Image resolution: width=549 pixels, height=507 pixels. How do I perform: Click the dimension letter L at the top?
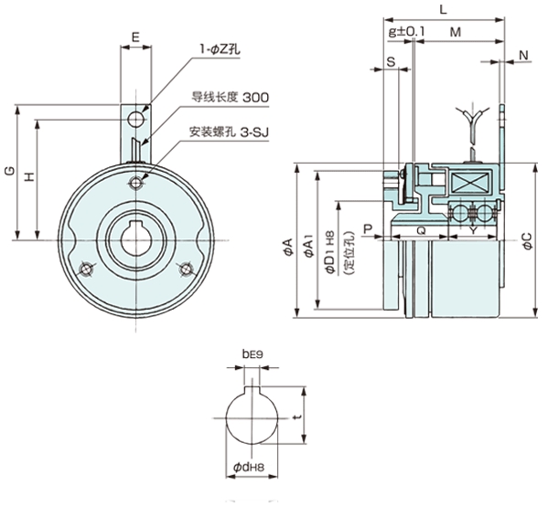pyautogui.click(x=443, y=9)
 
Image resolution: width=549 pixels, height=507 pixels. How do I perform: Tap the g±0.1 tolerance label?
pyautogui.click(x=406, y=32)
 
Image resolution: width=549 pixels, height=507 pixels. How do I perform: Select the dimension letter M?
pyautogui.click(x=456, y=32)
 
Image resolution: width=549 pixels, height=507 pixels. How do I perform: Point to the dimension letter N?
pyautogui.click(x=523, y=55)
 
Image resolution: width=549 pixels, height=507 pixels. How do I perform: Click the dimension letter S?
pyautogui.click(x=391, y=62)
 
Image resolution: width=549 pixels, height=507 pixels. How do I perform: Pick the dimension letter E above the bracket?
pyautogui.click(x=135, y=37)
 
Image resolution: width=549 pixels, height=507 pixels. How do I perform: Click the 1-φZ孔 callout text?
pyautogui.click(x=220, y=50)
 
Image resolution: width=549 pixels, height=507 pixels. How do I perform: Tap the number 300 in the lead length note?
pyautogui.click(x=255, y=97)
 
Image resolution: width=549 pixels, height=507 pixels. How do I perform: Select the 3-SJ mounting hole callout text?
pyautogui.click(x=254, y=132)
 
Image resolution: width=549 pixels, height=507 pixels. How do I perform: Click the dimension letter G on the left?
pyautogui.click(x=10, y=171)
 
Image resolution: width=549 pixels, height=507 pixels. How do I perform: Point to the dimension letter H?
pyautogui.click(x=30, y=177)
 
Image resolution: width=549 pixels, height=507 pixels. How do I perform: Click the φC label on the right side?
pyautogui.click(x=527, y=241)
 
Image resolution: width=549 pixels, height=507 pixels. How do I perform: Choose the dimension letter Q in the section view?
pyautogui.click(x=421, y=230)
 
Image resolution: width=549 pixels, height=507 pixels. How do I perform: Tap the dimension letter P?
pyautogui.click(x=368, y=229)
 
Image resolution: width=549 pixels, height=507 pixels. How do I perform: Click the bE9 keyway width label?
pyautogui.click(x=253, y=354)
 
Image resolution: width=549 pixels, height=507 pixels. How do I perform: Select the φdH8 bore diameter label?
pyautogui.click(x=249, y=467)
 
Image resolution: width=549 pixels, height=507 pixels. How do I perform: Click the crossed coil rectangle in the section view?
pyautogui.click(x=470, y=183)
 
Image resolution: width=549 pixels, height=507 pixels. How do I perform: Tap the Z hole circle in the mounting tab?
pyautogui.click(x=136, y=120)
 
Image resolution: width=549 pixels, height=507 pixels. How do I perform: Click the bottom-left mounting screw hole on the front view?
pyautogui.click(x=86, y=269)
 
